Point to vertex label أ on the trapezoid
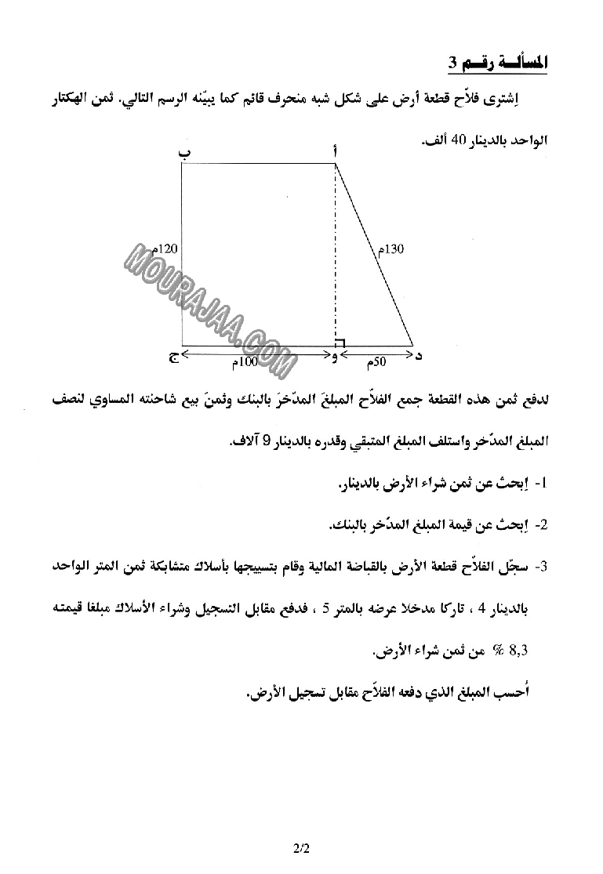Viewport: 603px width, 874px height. (337, 154)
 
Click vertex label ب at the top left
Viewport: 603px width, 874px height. (185, 154)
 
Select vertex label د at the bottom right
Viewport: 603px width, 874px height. (418, 357)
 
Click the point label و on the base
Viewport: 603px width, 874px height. (336, 357)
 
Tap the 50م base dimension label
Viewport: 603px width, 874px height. (376, 363)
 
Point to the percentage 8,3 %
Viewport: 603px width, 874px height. (510, 649)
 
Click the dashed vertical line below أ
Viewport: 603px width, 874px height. (336, 251)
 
